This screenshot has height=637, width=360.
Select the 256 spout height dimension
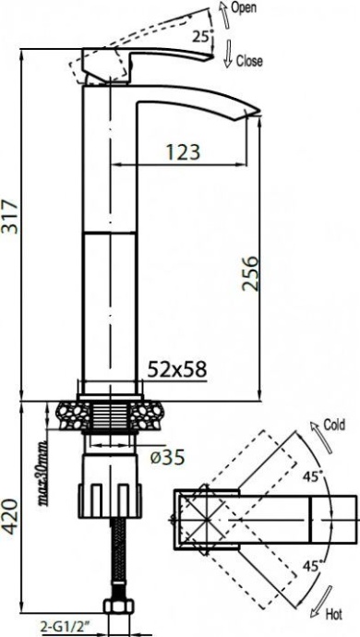tap(251, 273)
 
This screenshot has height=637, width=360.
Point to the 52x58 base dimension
tap(177, 369)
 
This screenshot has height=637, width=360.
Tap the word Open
tap(244, 8)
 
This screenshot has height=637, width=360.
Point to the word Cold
tap(333, 427)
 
